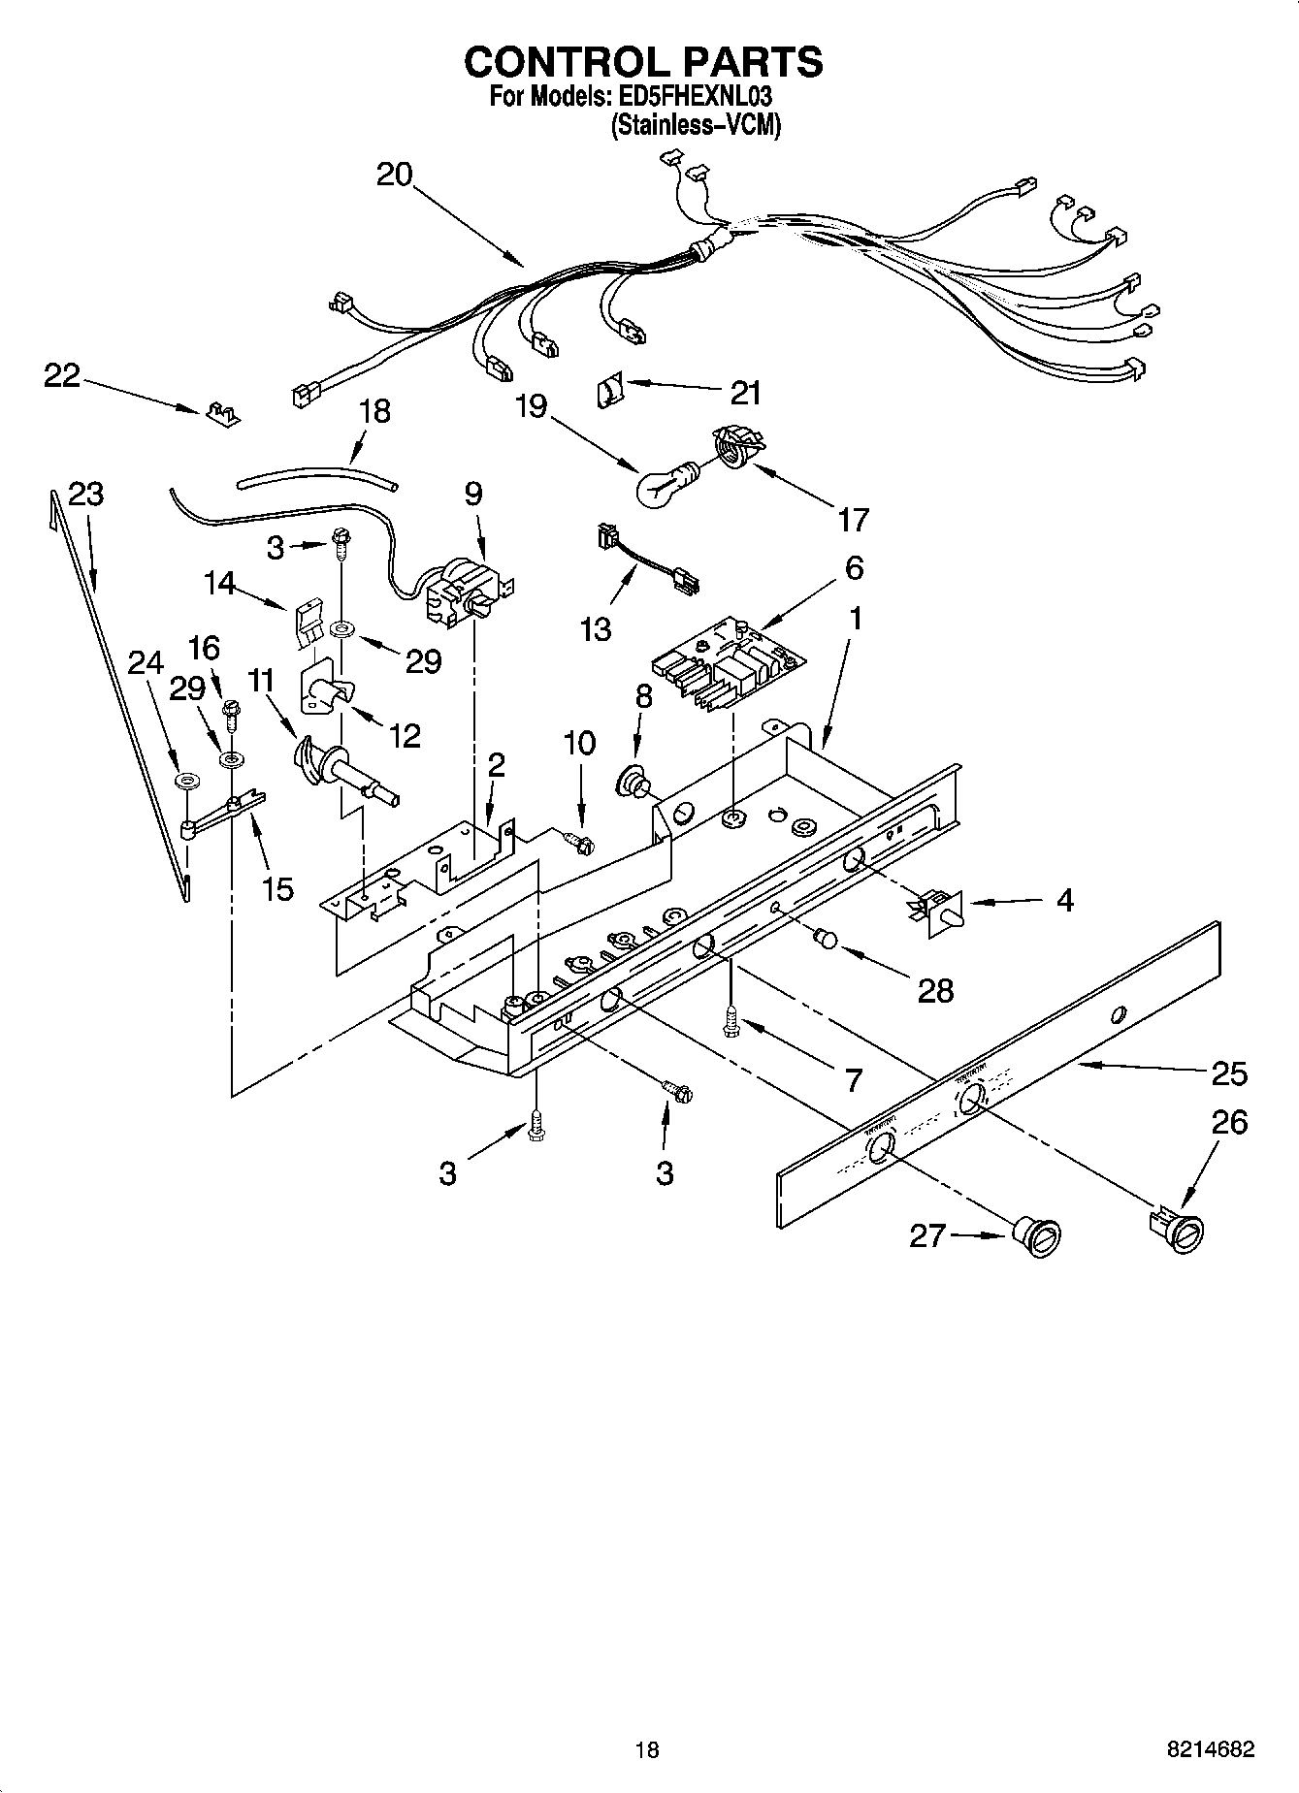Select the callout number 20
click(x=395, y=175)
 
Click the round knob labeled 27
click(x=1036, y=1237)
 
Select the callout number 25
click(x=1229, y=1073)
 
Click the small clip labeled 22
click(x=223, y=414)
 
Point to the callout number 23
click(x=85, y=495)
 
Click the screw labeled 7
click(x=730, y=1021)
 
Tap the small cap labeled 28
click(x=828, y=938)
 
